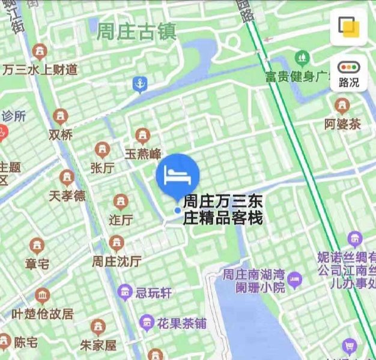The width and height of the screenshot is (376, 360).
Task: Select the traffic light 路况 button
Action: [348, 74]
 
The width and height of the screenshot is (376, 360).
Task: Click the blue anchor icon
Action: [140, 85]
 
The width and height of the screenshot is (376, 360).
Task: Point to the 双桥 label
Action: [61, 134]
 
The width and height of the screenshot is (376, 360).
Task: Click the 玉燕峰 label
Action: [142, 154]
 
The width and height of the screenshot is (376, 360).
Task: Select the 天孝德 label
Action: [67, 196]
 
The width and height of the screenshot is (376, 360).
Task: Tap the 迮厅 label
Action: [121, 220]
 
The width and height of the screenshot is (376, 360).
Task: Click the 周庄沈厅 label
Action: [117, 261]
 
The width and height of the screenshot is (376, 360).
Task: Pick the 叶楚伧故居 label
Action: [43, 313]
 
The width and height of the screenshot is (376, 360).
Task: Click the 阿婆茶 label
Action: [342, 124]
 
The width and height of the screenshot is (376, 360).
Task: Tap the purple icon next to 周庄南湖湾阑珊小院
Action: [294, 278]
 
